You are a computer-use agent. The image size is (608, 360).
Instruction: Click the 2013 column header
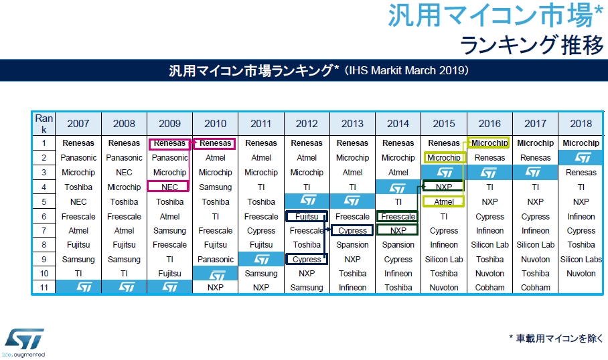click(x=352, y=124)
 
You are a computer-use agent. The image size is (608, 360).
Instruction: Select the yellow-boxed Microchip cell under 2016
click(x=489, y=143)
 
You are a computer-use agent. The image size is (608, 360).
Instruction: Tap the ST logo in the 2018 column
click(x=581, y=158)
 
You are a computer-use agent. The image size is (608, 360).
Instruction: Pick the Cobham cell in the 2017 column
click(x=535, y=288)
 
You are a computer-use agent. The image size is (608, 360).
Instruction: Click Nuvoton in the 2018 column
click(x=581, y=274)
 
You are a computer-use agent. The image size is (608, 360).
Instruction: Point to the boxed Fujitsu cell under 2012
click(x=307, y=216)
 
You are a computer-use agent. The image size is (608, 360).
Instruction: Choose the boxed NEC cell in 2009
click(x=169, y=187)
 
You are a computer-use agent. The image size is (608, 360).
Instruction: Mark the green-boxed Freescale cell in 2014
click(x=398, y=216)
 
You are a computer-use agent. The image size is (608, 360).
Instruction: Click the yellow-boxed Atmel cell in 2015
click(x=444, y=201)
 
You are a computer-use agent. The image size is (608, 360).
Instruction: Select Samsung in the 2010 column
click(x=215, y=187)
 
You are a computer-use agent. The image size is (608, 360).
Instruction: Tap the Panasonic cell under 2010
click(x=215, y=260)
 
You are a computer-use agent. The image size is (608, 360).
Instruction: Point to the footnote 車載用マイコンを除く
click(x=556, y=338)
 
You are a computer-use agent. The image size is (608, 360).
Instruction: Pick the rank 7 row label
click(x=44, y=230)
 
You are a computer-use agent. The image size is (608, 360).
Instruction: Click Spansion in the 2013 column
click(x=352, y=245)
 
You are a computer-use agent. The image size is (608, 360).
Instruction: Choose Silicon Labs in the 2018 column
click(x=581, y=260)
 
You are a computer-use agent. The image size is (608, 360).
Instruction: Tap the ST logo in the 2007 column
click(x=78, y=287)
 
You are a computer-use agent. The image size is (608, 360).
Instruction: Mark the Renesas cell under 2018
click(x=581, y=173)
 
